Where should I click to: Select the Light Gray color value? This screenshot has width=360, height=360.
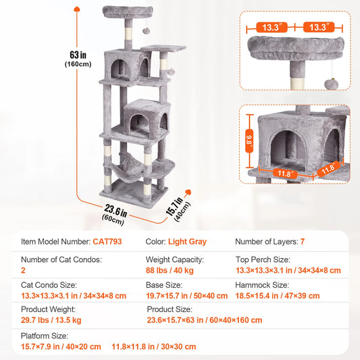tap(188, 241)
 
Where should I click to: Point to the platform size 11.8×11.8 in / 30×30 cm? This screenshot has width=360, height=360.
tap(153, 346)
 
